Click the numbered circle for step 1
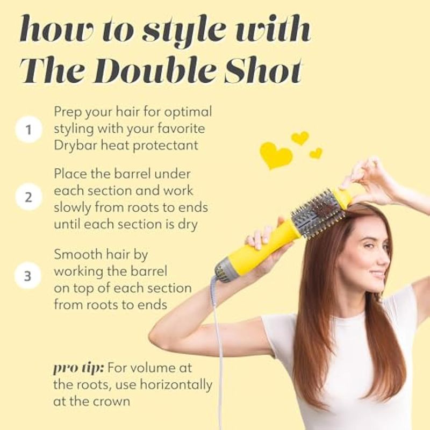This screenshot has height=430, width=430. coord(28,130)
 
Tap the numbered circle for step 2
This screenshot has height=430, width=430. coord(28,197)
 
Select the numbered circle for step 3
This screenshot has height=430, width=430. coord(28,276)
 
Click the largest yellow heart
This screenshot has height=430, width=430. coord(276,155)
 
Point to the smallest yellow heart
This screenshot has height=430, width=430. coord(316,153)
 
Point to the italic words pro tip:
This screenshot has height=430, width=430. coord(78,368)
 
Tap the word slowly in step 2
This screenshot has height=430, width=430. coord(73,208)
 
